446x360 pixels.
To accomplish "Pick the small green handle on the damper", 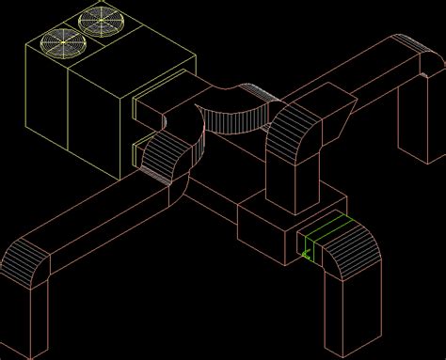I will (x=306, y=252).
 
